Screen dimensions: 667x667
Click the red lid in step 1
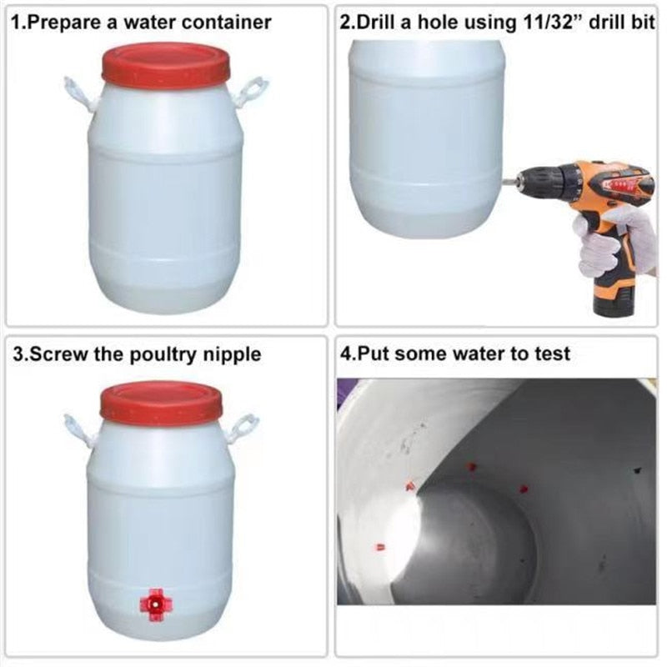[166, 65]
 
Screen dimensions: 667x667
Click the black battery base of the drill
[614, 303]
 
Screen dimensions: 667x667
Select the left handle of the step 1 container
[78, 94]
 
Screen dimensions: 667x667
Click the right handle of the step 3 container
[243, 428]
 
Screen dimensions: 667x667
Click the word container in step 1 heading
[226, 23]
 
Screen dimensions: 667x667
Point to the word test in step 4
[552, 354]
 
